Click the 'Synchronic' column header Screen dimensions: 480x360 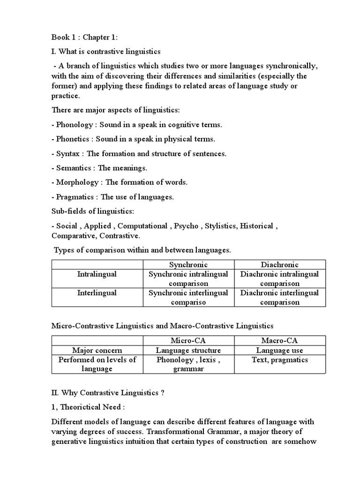[188, 265]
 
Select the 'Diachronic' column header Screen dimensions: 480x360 [279, 265]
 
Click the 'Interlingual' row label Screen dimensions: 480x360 [97, 293]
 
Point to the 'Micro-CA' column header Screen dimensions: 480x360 [188, 341]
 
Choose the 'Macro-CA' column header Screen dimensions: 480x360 [279, 341]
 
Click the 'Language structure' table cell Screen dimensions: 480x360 [188, 350]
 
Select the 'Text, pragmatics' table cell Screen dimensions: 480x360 [279, 360]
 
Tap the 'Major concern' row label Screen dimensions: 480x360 [97, 350]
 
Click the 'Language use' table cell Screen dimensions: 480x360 [279, 350]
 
